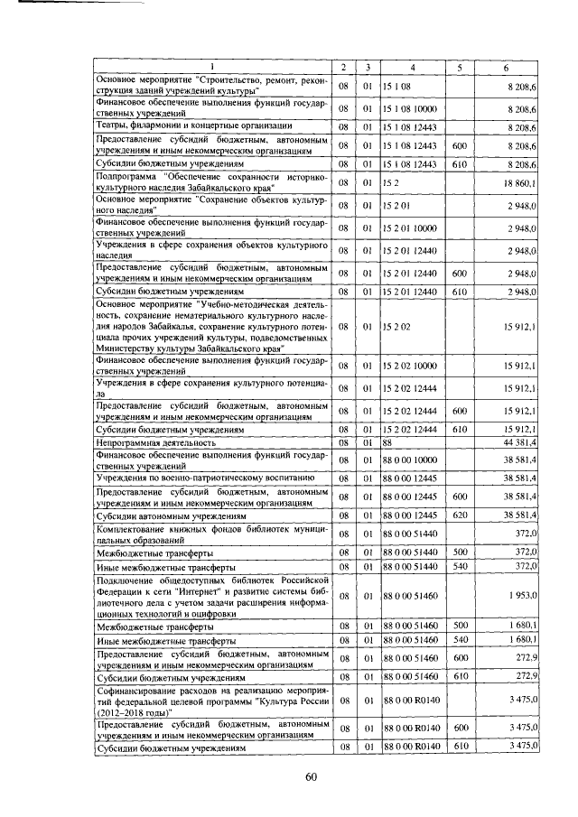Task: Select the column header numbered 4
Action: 412,68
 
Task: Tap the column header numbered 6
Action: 506,68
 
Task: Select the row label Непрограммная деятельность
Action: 156,442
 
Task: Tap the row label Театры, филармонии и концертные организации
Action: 193,125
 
